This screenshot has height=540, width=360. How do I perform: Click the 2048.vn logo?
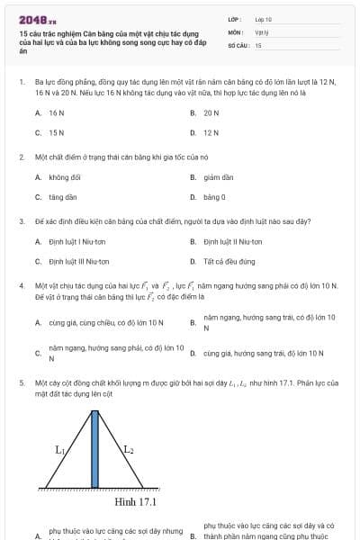[x=37, y=19]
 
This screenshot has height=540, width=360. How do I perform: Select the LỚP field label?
[x=234, y=18]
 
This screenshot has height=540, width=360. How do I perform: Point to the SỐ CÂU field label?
[x=237, y=44]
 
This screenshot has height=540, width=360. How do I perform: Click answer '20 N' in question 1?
[x=211, y=113]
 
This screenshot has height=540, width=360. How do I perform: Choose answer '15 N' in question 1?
[x=56, y=132]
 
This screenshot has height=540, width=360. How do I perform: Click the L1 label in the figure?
[x=60, y=447]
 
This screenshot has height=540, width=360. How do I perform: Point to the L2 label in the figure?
[x=130, y=447]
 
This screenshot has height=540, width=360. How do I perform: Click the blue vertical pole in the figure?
[x=95, y=449]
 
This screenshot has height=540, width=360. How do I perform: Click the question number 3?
[x=22, y=220]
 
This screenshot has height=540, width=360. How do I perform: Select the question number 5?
[x=22, y=382]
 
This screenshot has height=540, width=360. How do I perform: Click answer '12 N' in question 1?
[x=211, y=132]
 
